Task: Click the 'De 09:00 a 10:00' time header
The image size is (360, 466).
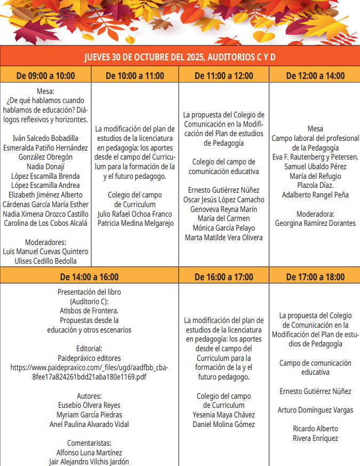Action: click(45, 75)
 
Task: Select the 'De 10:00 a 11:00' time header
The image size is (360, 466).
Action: click(135, 75)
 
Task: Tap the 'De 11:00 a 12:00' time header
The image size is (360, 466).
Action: click(224, 75)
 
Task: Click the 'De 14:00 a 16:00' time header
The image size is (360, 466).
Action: click(89, 277)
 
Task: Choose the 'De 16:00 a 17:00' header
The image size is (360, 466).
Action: click(224, 277)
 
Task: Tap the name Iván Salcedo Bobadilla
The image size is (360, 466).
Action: click(45, 138)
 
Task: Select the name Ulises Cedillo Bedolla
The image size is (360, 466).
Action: click(45, 260)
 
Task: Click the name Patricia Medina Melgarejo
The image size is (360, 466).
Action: click(135, 223)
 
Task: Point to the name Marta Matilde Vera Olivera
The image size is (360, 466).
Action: click(224, 238)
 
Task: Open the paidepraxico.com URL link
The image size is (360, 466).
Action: click(89, 372)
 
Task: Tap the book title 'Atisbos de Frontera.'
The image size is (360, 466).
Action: click(89, 311)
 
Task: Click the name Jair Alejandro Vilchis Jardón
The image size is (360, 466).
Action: click(89, 462)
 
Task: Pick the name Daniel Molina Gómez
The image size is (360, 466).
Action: click(224, 424)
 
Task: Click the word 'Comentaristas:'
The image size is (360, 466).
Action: click(89, 443)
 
